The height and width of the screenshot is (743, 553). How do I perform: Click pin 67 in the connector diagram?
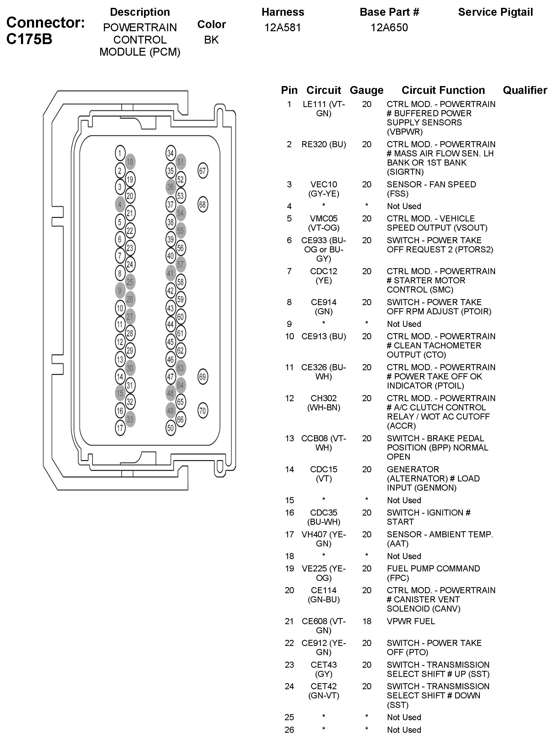point(203,171)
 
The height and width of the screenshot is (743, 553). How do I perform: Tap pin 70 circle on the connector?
point(203,411)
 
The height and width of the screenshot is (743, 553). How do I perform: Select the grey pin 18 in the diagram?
point(130,162)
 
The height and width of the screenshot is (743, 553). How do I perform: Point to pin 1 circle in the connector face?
point(120,153)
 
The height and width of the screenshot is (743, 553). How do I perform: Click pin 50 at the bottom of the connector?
point(171,428)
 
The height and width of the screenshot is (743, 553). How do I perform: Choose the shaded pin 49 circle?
point(171,411)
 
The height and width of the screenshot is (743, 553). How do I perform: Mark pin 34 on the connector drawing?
point(171,153)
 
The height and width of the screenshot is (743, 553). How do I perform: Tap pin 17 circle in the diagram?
point(120,428)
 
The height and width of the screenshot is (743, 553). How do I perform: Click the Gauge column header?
point(366,90)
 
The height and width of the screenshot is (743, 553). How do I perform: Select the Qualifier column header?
point(525,90)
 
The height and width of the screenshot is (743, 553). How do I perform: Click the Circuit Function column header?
point(443,90)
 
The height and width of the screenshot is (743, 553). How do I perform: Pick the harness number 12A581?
point(283,28)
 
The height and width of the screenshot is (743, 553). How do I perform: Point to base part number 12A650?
point(389,28)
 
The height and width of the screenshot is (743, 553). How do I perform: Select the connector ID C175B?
point(29,39)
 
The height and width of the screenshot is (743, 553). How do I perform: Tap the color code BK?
point(211,40)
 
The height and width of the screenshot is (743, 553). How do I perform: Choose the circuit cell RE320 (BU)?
point(324,144)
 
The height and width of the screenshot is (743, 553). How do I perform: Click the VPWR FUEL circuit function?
point(411,622)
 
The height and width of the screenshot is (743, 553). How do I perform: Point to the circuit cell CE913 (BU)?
point(324,336)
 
